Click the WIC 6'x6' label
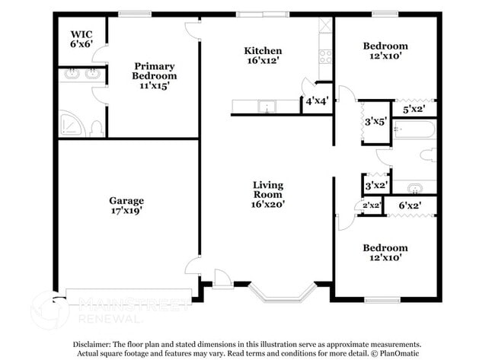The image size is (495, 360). (81, 39)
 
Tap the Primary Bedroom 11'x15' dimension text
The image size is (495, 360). (155, 85)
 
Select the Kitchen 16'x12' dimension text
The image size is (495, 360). (263, 60)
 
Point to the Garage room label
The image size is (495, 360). (126, 200)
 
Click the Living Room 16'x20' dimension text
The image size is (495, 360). (268, 205)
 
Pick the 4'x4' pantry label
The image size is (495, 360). (318, 101)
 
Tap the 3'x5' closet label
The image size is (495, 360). (375, 122)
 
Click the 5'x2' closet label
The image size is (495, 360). (414, 110)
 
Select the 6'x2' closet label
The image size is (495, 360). (410, 205)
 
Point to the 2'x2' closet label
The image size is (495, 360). (372, 205)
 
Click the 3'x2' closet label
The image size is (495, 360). (376, 185)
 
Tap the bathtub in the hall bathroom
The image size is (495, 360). (414, 129)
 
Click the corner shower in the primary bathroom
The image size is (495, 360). (72, 124)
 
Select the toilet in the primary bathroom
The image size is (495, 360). (97, 129)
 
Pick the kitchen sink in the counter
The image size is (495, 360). (267, 107)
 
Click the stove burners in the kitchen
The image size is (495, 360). (325, 57)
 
